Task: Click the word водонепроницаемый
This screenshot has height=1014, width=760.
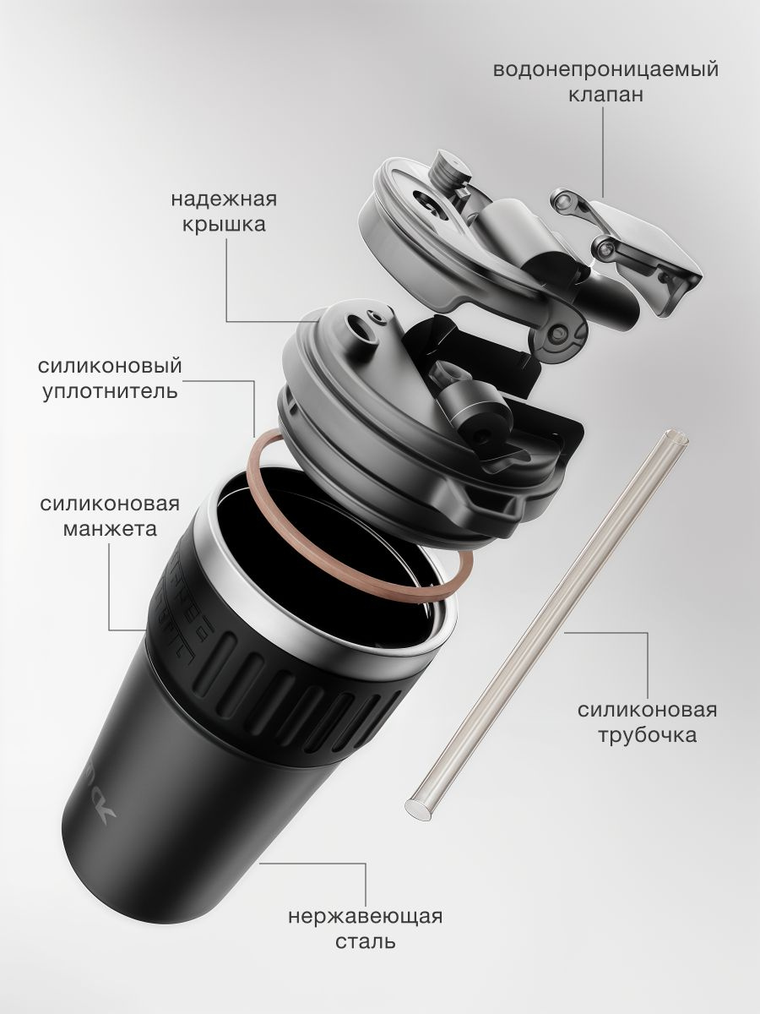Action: click(605, 71)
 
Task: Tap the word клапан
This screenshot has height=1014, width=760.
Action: click(605, 95)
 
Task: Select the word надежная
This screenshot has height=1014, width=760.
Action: click(224, 199)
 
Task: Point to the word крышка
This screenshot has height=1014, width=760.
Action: click(224, 225)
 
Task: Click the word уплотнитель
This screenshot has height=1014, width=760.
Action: click(111, 392)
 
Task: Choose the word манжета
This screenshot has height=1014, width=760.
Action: click(110, 528)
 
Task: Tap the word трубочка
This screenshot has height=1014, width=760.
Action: click(648, 735)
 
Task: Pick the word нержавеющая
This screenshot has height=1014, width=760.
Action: click(366, 917)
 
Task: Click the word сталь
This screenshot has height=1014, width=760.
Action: click(366, 941)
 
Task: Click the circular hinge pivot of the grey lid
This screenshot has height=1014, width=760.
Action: click(559, 332)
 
